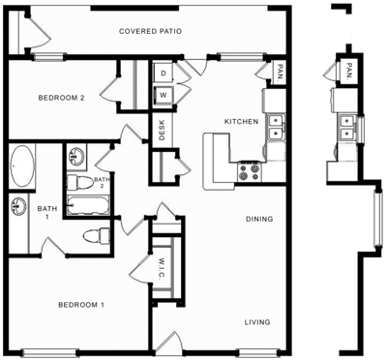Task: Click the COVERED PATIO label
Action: pos(152,31)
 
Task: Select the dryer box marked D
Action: pos(164,74)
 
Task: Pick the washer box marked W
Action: pos(164,95)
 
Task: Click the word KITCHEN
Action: pos(240,122)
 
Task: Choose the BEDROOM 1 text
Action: pos(81,305)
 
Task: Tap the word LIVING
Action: pos(256,321)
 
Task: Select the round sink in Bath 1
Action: pos(18,204)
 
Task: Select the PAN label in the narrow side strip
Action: pos(346,71)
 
